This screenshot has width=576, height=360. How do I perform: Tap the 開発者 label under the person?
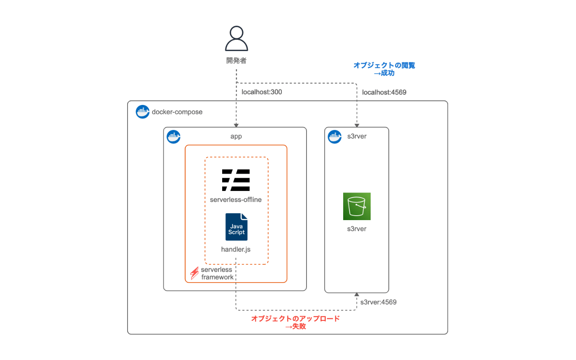pyautogui.click(x=237, y=60)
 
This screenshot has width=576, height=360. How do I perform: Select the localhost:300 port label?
pyautogui.click(x=262, y=92)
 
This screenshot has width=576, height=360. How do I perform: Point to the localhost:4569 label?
pyautogui.click(x=384, y=92)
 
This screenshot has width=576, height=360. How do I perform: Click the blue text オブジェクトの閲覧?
pyautogui.click(x=384, y=65)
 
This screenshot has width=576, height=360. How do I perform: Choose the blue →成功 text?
pyautogui.click(x=384, y=73)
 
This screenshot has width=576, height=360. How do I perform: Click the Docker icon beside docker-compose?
pyautogui.click(x=142, y=111)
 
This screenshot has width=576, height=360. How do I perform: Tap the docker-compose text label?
pyautogui.click(x=177, y=112)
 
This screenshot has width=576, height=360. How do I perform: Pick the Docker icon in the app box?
pyautogui.click(x=174, y=137)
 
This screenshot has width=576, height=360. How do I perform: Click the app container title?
pyautogui.click(x=236, y=136)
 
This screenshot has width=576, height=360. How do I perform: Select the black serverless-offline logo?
pyautogui.click(x=236, y=180)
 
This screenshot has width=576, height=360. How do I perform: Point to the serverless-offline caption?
pyautogui.click(x=236, y=200)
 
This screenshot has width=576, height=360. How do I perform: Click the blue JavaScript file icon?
pyautogui.click(x=237, y=227)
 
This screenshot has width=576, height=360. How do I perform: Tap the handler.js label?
pyautogui.click(x=236, y=249)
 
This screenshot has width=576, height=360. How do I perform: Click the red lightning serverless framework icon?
pyautogui.click(x=194, y=273)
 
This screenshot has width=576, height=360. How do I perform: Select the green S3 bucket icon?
pyautogui.click(x=357, y=206)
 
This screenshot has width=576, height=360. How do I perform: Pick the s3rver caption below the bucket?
pyautogui.click(x=357, y=229)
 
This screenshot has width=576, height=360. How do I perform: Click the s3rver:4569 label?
pyautogui.click(x=378, y=302)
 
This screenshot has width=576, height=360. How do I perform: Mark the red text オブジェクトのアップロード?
pyautogui.click(x=295, y=318)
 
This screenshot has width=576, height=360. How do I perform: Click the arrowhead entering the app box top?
pyautogui.click(x=236, y=125)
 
